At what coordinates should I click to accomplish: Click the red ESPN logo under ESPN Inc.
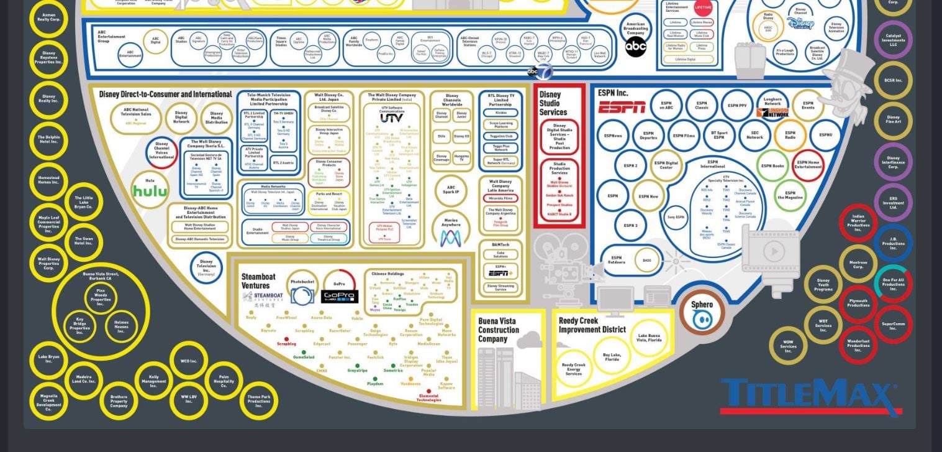point(622,107)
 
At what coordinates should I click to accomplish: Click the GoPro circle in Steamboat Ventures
point(339,290)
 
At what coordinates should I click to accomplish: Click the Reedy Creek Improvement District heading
point(592,325)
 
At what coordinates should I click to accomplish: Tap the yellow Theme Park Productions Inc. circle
point(258,400)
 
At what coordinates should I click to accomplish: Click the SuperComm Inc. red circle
point(893,325)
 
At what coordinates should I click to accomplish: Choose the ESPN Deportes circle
point(648,136)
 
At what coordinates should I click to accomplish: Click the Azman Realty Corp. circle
point(48,17)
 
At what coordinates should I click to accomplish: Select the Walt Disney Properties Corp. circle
point(48,263)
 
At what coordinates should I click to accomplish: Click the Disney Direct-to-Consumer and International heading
point(165,95)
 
